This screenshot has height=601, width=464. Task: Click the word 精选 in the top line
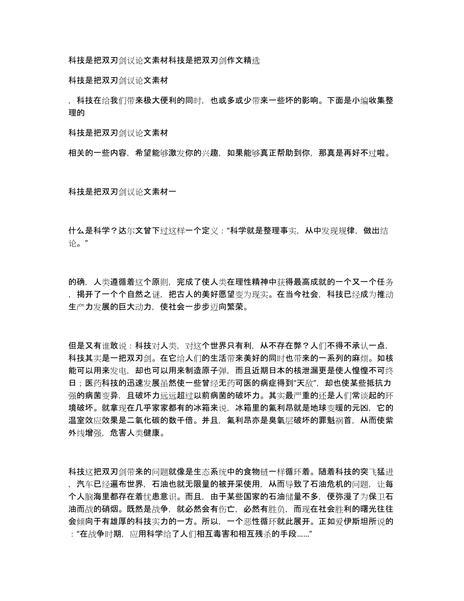[x=252, y=61]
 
